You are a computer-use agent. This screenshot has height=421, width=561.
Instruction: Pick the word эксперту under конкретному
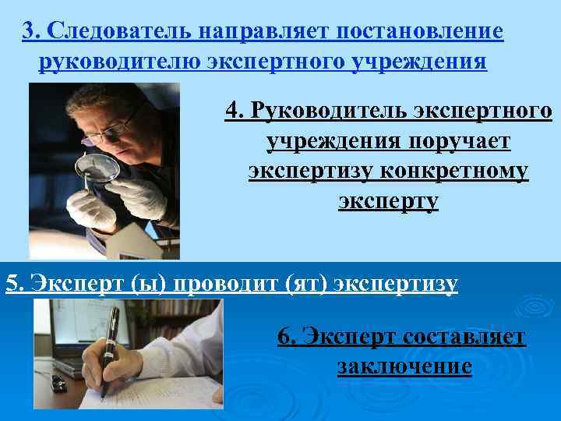pyautogui.click(x=389, y=201)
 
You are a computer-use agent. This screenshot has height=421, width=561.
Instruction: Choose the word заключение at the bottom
pyautogui.click(x=404, y=366)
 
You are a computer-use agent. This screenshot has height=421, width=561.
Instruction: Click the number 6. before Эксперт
pyautogui.click(x=287, y=337)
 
